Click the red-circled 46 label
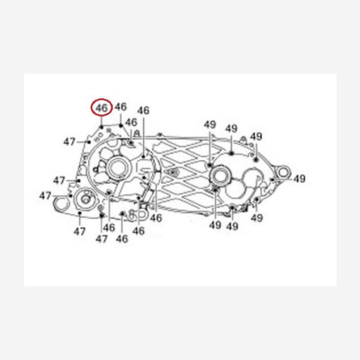tap(101, 107)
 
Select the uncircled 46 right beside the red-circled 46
tap(121, 107)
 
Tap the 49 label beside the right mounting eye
tap(299, 179)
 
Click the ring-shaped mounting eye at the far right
tap(283, 172)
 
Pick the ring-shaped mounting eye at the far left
tap(61, 204)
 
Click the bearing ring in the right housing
tap(220, 175)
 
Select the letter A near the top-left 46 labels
tap(137, 133)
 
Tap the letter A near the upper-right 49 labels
tap(243, 139)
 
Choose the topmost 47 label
tap(69, 142)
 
